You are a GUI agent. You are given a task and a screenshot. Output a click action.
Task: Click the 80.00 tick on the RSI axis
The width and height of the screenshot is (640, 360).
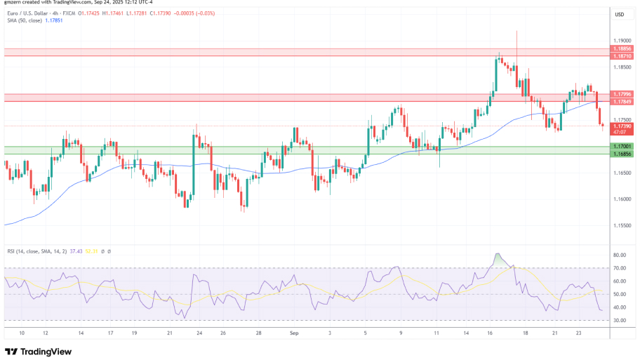(620, 255)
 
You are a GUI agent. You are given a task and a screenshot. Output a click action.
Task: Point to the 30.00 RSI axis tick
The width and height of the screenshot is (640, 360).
(620, 320)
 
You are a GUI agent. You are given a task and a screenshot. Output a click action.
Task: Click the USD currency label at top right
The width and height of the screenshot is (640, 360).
(620, 14)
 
